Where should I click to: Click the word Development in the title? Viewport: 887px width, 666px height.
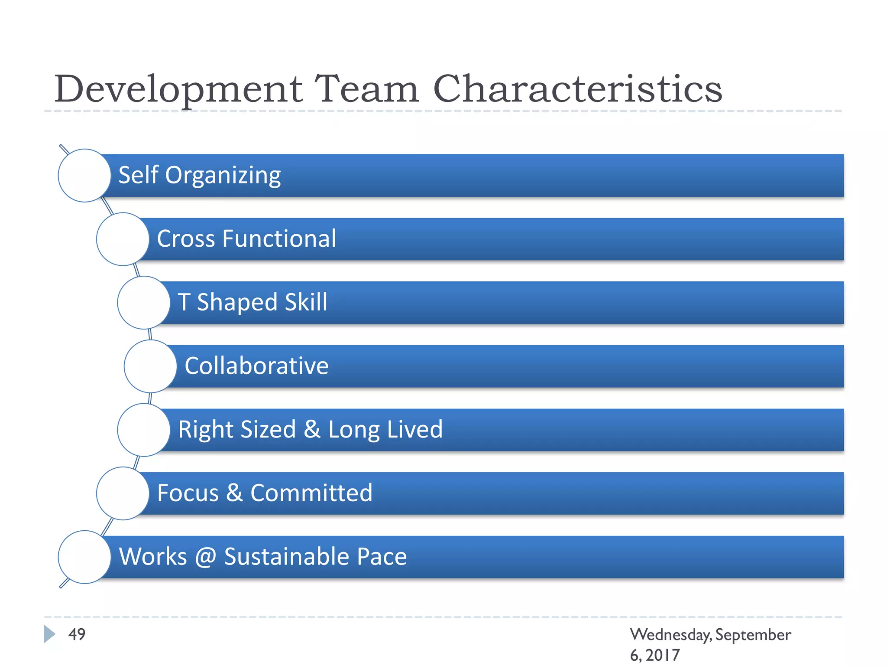coord(178,89)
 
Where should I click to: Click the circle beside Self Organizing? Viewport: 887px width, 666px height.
coord(84,176)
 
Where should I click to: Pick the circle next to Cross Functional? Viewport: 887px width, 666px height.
coord(123,239)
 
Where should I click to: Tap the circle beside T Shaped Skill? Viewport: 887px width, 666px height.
coord(144,303)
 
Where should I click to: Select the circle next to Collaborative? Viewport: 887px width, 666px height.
coord(150,366)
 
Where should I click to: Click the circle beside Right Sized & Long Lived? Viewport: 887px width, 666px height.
coord(144,430)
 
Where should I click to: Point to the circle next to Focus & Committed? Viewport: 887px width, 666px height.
coord(123,493)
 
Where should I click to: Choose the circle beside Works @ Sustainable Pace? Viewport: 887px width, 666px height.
coord(84,557)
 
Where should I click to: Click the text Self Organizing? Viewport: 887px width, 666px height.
coord(200,176)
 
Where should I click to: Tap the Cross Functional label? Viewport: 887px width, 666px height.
coord(246,239)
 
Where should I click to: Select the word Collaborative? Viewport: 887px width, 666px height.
coord(256,366)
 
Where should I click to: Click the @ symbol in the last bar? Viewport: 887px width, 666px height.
coord(205,557)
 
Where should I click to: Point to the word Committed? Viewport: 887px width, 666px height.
coord(311,493)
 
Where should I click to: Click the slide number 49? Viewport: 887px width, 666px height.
coord(77,634)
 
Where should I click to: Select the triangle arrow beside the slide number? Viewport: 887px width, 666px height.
coord(49,634)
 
